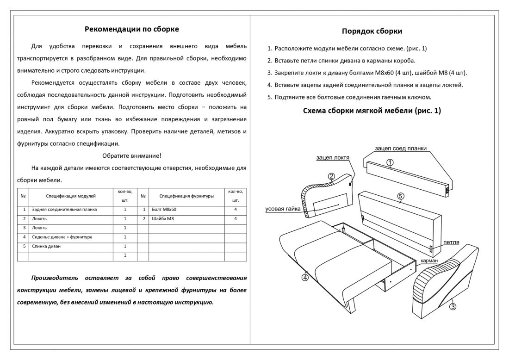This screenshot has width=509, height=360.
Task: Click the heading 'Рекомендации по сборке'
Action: tap(132, 29)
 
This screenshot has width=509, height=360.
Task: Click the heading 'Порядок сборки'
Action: tap(372, 31)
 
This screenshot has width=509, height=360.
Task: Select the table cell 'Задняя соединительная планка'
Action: tap(64, 210)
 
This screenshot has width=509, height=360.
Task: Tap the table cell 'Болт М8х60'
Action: tap(164, 210)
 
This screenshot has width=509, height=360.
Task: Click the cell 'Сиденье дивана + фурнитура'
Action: tap(62, 237)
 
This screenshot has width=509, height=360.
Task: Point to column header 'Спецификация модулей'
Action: tap(70, 196)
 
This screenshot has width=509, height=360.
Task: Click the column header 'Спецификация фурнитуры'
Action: tap(186, 196)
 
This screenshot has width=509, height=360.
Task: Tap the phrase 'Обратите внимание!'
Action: tap(132, 155)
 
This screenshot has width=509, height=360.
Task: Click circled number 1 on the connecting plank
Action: tap(390, 162)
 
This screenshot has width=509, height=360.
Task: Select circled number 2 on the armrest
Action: tap(331, 176)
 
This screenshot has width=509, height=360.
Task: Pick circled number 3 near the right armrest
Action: tap(453, 306)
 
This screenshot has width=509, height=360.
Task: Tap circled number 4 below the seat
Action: tap(305, 278)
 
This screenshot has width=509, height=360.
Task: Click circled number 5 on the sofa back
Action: tap(401, 196)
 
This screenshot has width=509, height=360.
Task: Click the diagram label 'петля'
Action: tap(451, 242)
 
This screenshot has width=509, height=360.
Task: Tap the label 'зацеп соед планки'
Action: tap(401, 149)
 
